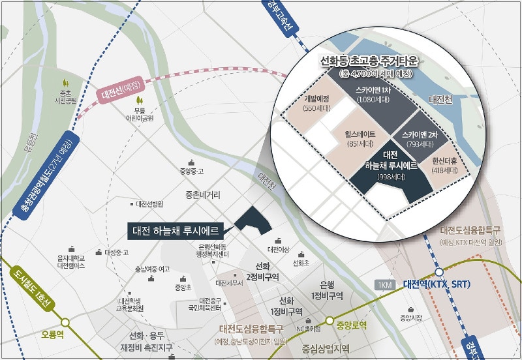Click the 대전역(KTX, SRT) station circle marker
tap(439, 271)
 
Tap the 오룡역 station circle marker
tap(65, 322)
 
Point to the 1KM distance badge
tap(385, 285)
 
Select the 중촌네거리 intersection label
tap(202, 194)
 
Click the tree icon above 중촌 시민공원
tap(65, 83)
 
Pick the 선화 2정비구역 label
tap(263, 271)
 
